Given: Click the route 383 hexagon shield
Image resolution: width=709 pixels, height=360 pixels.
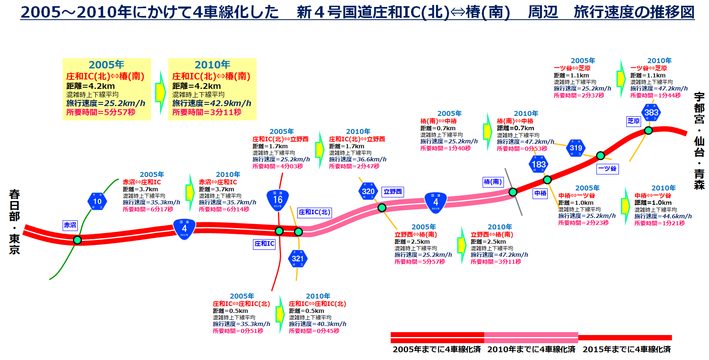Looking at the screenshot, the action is [x=651, y=113].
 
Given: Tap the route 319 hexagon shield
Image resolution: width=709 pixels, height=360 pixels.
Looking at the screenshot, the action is [x=576, y=148].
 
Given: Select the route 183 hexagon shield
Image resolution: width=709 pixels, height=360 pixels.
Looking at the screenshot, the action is [x=538, y=165].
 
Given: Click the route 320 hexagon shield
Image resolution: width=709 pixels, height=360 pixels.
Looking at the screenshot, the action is [x=368, y=191].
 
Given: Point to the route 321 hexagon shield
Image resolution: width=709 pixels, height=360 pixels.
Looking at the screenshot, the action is [x=298, y=258].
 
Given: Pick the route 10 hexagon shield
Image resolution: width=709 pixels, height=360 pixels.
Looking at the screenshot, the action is [x=97, y=201].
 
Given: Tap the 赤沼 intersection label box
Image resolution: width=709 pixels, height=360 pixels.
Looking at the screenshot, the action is [x=70, y=225].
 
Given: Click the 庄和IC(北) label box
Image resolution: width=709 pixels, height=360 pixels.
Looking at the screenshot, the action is [x=314, y=212].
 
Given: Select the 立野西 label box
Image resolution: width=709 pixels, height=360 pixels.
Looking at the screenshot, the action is [x=393, y=192].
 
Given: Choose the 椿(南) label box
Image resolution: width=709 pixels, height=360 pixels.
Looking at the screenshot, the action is [x=492, y=182].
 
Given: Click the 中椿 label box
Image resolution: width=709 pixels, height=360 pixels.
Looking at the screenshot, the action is [x=540, y=193].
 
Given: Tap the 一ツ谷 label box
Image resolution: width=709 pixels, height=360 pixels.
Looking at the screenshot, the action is [x=607, y=168].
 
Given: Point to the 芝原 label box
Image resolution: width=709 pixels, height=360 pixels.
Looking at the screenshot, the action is [x=633, y=121].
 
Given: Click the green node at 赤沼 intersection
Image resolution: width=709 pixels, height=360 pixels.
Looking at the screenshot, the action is [x=77, y=240].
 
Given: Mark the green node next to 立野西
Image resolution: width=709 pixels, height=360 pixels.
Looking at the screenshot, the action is [x=382, y=208].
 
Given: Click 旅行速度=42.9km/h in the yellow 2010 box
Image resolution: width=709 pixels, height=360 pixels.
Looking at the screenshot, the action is [x=212, y=103].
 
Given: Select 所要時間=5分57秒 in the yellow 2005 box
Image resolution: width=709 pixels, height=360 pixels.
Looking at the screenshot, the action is [x=101, y=112].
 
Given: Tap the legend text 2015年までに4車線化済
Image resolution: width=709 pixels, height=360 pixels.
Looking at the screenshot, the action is [x=626, y=349].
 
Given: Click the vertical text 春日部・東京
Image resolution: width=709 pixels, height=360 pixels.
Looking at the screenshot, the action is [x=15, y=222].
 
